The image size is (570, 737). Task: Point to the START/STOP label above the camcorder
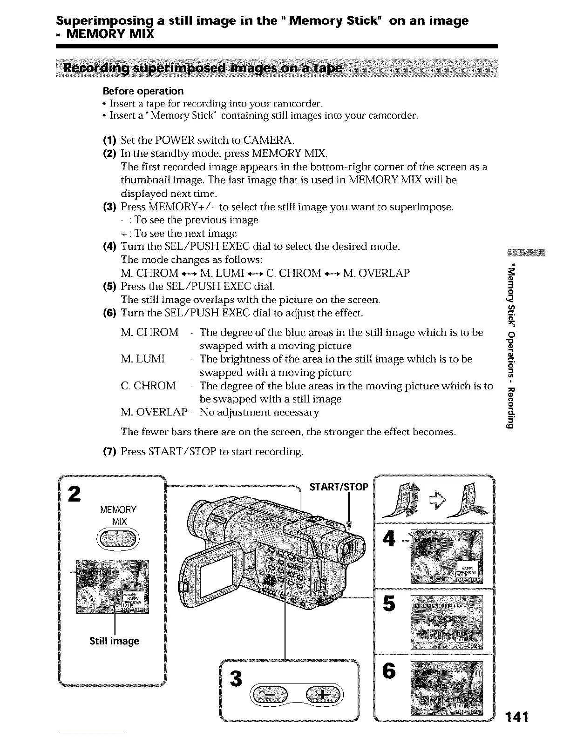point(339,487)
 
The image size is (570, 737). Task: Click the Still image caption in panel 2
point(114,641)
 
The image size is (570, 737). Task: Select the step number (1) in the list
point(110,140)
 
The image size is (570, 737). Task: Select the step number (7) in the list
point(110,451)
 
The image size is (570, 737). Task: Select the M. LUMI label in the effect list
point(142,359)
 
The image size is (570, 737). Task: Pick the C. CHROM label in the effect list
point(148,386)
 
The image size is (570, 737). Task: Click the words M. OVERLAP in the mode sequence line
point(376,273)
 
